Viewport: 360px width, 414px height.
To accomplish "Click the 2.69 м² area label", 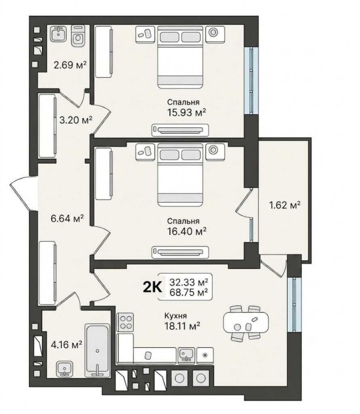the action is [70, 65].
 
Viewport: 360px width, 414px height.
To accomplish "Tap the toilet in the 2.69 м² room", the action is [78, 35].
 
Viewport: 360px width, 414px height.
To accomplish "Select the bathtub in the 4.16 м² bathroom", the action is [97, 350].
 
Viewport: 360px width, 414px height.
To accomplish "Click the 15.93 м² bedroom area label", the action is [187, 112].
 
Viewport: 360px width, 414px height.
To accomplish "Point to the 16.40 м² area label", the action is [187, 232].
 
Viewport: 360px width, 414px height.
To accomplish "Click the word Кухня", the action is [176, 316].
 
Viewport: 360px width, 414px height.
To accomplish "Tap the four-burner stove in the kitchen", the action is [126, 322].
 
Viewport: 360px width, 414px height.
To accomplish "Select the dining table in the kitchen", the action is [246, 323].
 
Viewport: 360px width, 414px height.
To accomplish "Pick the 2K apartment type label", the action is [152, 287].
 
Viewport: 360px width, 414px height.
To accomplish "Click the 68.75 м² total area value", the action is [189, 292].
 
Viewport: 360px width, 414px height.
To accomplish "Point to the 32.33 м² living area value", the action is [189, 282].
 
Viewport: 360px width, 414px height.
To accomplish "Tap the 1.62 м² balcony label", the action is [285, 205].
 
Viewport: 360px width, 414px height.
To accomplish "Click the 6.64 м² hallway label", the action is [67, 218].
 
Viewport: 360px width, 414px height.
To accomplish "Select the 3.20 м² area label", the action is [76, 120].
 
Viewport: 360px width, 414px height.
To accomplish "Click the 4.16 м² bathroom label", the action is [66, 345].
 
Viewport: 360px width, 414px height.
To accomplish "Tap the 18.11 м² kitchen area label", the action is [182, 326].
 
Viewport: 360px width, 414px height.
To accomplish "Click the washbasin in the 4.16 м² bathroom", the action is [64, 369].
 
